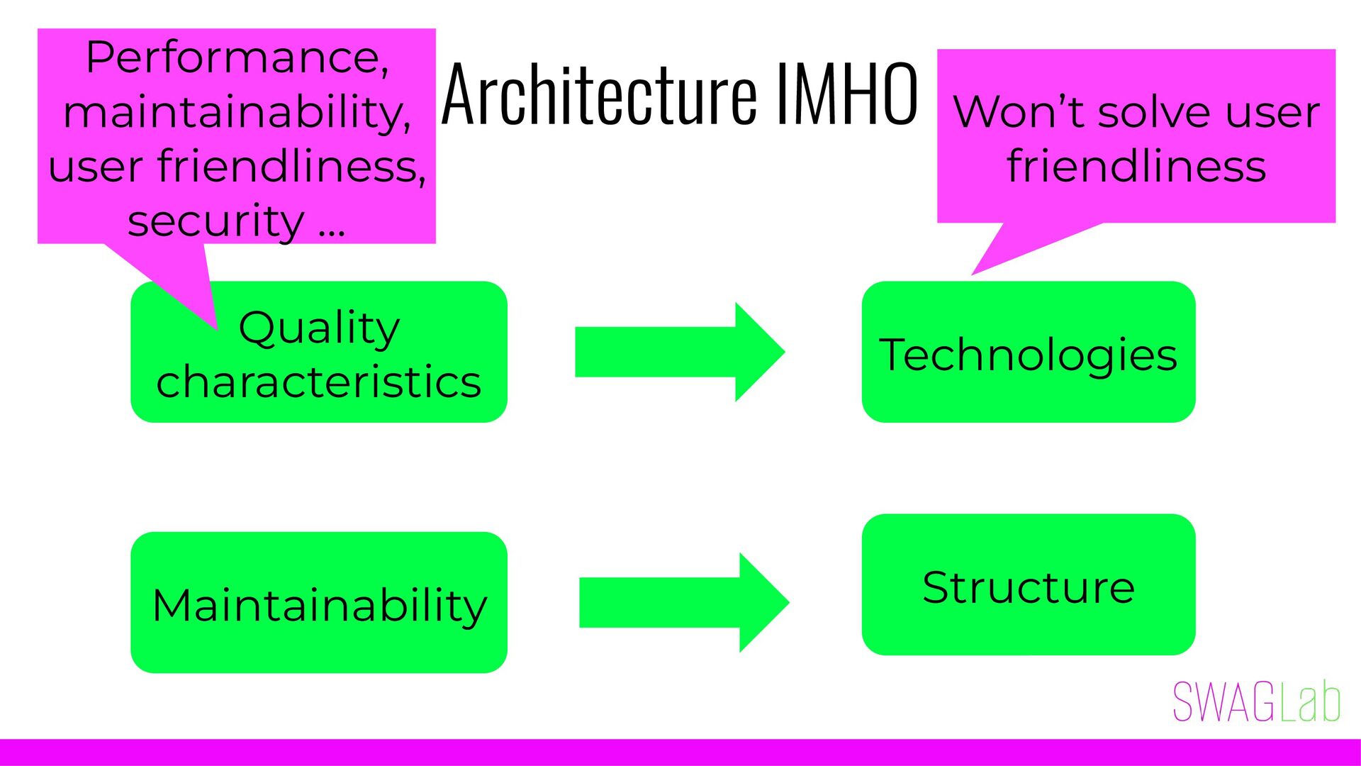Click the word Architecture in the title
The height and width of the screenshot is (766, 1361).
click(x=599, y=94)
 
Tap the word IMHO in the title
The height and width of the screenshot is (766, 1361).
click(x=846, y=94)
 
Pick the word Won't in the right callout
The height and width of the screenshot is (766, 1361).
click(x=1019, y=112)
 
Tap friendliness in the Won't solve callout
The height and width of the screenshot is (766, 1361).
click(x=1136, y=167)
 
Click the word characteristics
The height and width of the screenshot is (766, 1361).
click(x=319, y=382)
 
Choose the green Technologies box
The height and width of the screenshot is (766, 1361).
click(x=1028, y=353)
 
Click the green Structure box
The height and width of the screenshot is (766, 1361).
click(x=1028, y=585)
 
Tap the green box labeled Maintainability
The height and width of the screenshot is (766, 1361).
click(x=319, y=603)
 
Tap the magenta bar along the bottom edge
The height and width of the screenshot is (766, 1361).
click(x=680, y=752)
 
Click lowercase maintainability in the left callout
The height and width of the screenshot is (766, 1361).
click(x=237, y=112)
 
